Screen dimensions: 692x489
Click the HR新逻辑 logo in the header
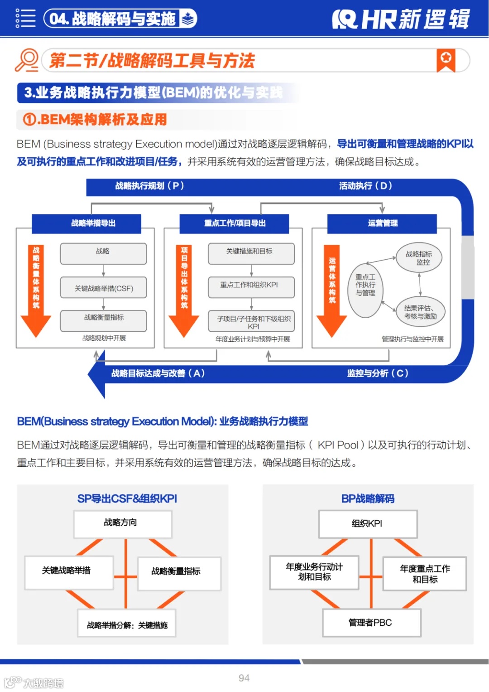point(401,19)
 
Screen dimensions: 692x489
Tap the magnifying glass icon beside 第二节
point(27,60)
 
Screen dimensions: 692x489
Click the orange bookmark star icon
point(446,60)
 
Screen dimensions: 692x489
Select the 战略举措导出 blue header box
point(93,223)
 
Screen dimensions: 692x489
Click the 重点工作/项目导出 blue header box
point(235,223)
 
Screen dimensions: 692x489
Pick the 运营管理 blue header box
point(383,223)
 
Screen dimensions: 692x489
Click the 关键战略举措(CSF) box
point(104,288)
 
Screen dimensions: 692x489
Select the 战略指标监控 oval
point(419,258)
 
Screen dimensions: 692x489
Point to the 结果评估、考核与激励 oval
point(420,312)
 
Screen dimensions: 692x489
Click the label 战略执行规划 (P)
point(150,186)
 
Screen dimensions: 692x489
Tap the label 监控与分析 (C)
point(378,373)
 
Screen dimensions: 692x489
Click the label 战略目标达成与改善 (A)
point(158,373)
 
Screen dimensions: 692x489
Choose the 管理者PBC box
point(371,623)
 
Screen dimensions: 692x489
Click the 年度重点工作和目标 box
point(425,574)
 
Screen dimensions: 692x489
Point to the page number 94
point(244,678)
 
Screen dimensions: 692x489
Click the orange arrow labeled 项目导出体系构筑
point(184,290)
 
